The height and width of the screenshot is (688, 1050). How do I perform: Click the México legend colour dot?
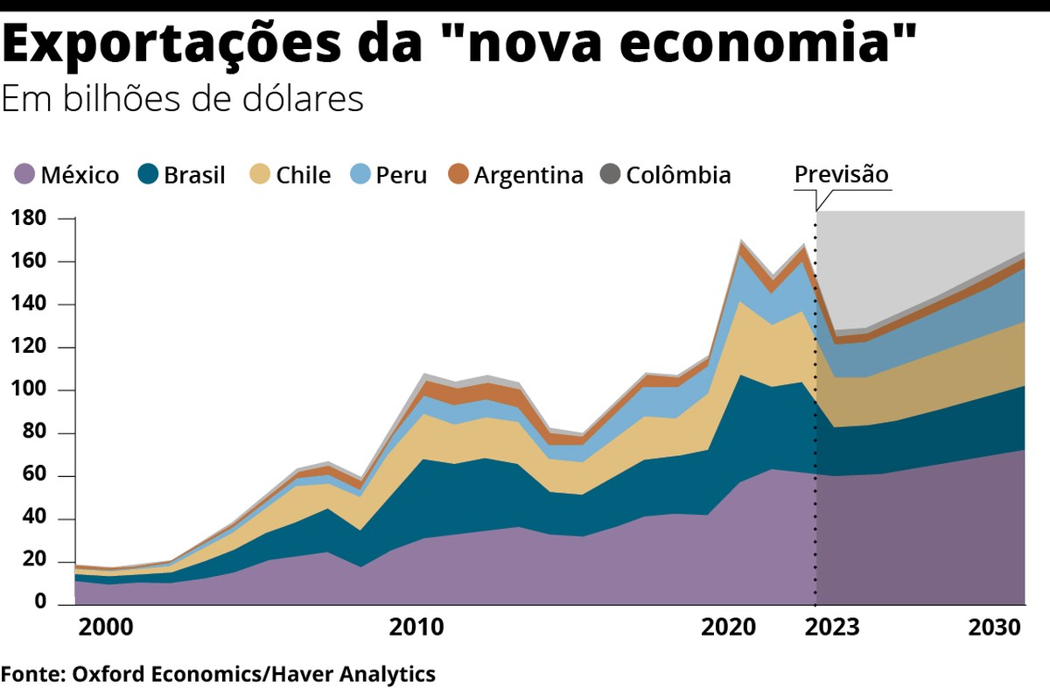pyautogui.click(x=26, y=175)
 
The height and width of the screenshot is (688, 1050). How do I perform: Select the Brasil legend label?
pyautogui.click(x=194, y=176)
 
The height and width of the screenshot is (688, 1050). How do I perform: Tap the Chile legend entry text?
pyautogui.click(x=303, y=176)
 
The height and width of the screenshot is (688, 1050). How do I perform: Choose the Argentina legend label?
pyautogui.click(x=528, y=176)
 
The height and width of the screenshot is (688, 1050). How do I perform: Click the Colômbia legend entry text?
pyautogui.click(x=678, y=176)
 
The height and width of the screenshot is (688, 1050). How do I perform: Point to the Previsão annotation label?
pyautogui.click(x=841, y=174)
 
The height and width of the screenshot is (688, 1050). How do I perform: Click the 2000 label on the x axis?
pyautogui.click(x=105, y=628)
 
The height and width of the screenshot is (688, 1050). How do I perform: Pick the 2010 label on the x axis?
pyautogui.click(x=416, y=628)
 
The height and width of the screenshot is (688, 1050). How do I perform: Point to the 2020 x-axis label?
pyautogui.click(x=728, y=628)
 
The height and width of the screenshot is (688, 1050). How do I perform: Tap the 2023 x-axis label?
pyautogui.click(x=832, y=628)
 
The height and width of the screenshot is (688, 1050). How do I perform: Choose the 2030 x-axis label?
pyautogui.click(x=996, y=628)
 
